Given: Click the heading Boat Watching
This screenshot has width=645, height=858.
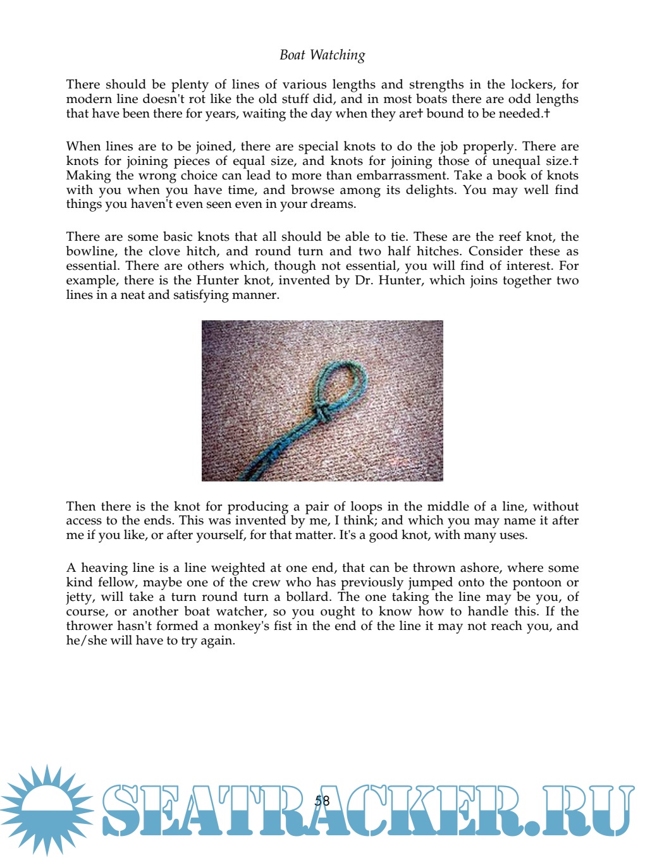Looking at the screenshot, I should [322, 56].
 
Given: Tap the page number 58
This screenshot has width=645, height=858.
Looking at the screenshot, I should [322, 801].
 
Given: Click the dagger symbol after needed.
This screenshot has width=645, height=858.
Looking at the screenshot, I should [546, 114].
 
